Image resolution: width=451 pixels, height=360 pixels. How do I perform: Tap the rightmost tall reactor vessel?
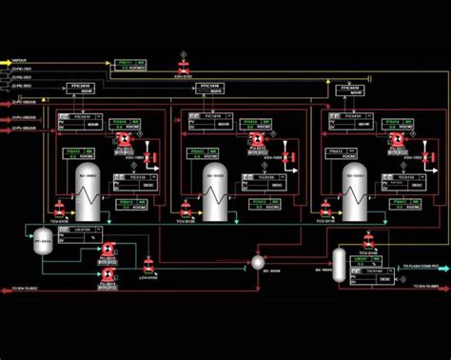[x=355, y=186]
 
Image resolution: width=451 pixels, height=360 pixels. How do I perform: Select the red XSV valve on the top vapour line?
[x=183, y=64]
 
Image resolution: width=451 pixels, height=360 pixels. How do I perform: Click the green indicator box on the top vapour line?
[x=129, y=64]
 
